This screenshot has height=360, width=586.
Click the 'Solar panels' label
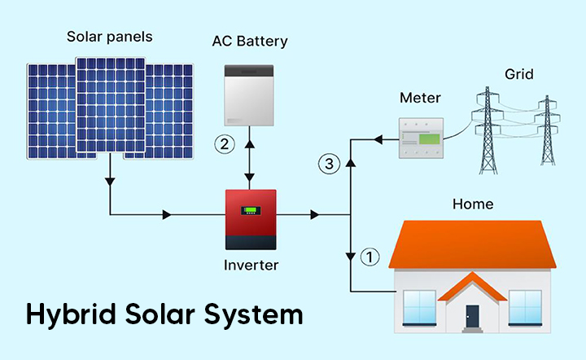tap(110, 37)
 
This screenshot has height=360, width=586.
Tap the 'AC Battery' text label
tap(250, 41)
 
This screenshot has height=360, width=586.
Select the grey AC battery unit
tap(250, 95)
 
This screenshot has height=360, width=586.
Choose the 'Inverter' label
tap(251, 266)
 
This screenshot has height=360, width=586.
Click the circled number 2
tap(225, 144)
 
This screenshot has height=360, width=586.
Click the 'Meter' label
tap(420, 99)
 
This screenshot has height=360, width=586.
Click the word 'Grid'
tap(518, 75)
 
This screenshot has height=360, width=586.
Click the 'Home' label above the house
tap(473, 204)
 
